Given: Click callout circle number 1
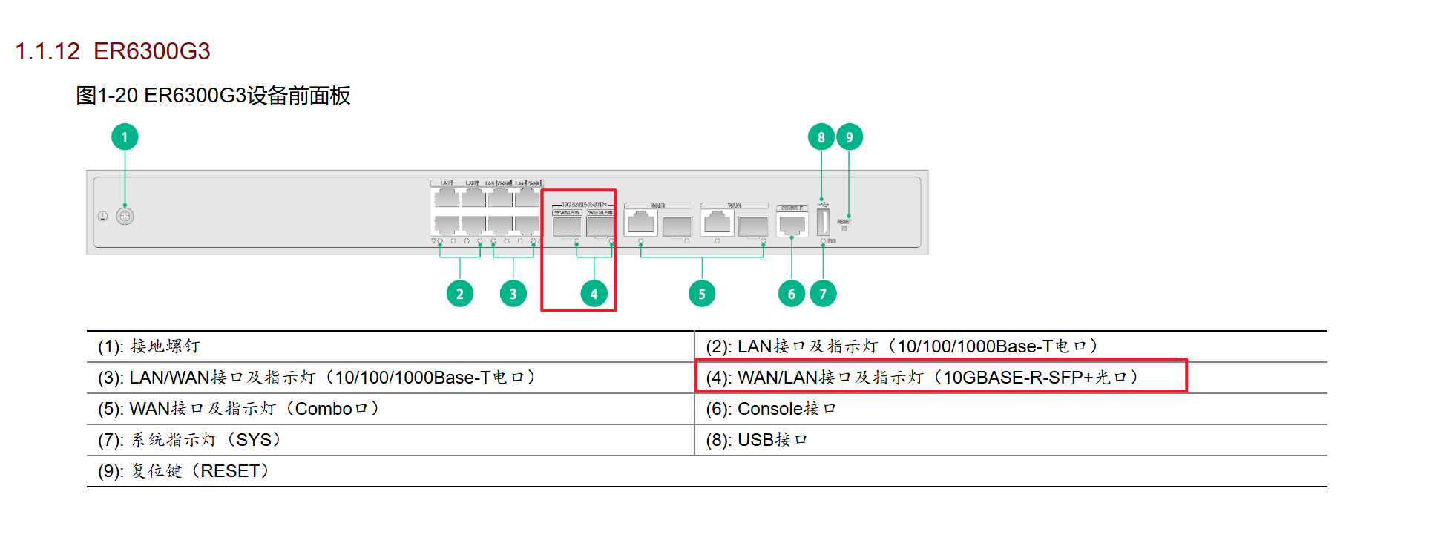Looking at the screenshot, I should click(x=125, y=137).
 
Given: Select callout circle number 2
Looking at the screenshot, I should click(x=460, y=294).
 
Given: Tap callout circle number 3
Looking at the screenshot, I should click(x=513, y=294).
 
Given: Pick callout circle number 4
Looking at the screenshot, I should click(x=594, y=294).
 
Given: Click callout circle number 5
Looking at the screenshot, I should click(x=702, y=294).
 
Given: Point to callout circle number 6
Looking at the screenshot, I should click(x=792, y=294).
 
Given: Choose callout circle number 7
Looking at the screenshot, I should click(x=823, y=294).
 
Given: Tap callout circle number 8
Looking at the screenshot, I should click(x=821, y=137).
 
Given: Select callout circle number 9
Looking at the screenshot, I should click(x=850, y=137).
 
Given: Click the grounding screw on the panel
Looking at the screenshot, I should click(x=125, y=216).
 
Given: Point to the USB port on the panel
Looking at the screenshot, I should click(x=823, y=222).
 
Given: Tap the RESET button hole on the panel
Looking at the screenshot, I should click(x=844, y=229).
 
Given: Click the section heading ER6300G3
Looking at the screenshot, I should click(x=152, y=51).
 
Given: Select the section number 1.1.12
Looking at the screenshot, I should click(x=47, y=51).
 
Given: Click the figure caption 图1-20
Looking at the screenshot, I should click(x=107, y=96).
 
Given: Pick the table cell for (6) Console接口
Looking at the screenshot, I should click(x=771, y=409).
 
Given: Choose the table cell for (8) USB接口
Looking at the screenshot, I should click(x=757, y=440).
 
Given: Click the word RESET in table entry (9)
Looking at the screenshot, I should click(x=230, y=471).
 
